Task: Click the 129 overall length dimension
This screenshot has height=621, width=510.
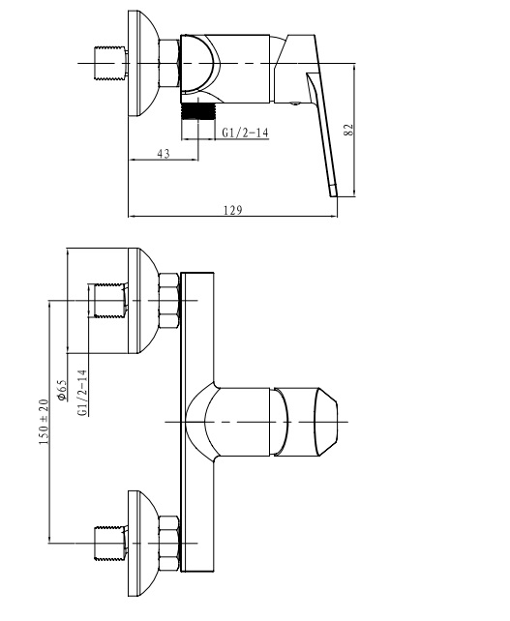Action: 233,210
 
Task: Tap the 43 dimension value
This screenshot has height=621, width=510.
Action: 164,153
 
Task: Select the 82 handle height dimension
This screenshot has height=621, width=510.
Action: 348,130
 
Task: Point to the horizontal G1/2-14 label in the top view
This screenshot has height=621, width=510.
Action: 245,133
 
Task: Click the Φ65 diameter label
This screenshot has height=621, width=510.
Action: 62,391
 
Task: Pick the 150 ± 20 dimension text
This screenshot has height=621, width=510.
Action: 44,422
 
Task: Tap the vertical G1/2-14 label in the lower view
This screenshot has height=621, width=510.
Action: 82,393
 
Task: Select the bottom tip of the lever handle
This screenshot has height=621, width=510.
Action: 333,195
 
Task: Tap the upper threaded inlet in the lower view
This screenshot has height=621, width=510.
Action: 108,300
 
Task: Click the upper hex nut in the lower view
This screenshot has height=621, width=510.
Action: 168,300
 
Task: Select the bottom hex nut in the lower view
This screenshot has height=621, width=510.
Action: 168,544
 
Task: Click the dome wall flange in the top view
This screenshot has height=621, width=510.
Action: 143,64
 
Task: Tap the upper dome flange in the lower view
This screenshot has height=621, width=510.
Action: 143,301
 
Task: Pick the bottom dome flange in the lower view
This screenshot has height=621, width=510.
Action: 143,544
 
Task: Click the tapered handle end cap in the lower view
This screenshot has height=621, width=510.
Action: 326,422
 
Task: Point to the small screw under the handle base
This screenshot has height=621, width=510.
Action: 294,103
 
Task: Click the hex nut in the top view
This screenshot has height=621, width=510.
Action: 169,64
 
